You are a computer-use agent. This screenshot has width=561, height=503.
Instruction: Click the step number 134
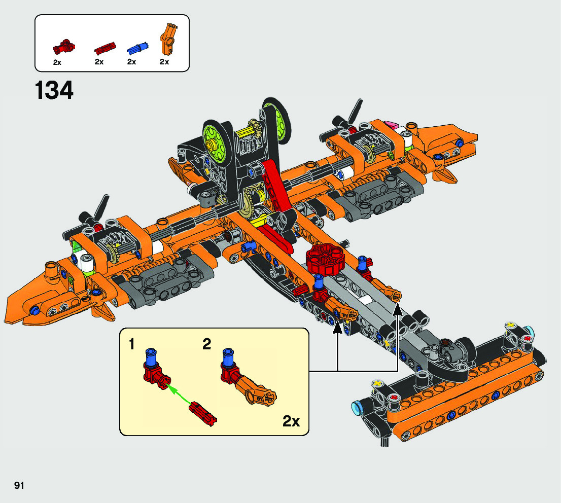(54, 91)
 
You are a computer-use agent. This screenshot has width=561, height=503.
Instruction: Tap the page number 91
(19, 485)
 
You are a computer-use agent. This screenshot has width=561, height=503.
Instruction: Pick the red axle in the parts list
(105, 49)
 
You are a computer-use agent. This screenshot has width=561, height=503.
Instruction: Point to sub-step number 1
(132, 345)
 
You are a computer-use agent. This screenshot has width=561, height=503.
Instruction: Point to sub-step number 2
(206, 345)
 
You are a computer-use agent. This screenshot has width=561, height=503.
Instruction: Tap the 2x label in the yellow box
(291, 421)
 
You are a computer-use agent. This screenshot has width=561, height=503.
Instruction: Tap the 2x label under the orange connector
(164, 62)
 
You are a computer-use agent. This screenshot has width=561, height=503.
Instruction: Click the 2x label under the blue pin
(132, 62)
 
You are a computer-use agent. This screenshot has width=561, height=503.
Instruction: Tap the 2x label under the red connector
(57, 62)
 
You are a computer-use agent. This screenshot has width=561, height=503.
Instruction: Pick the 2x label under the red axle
(99, 62)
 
